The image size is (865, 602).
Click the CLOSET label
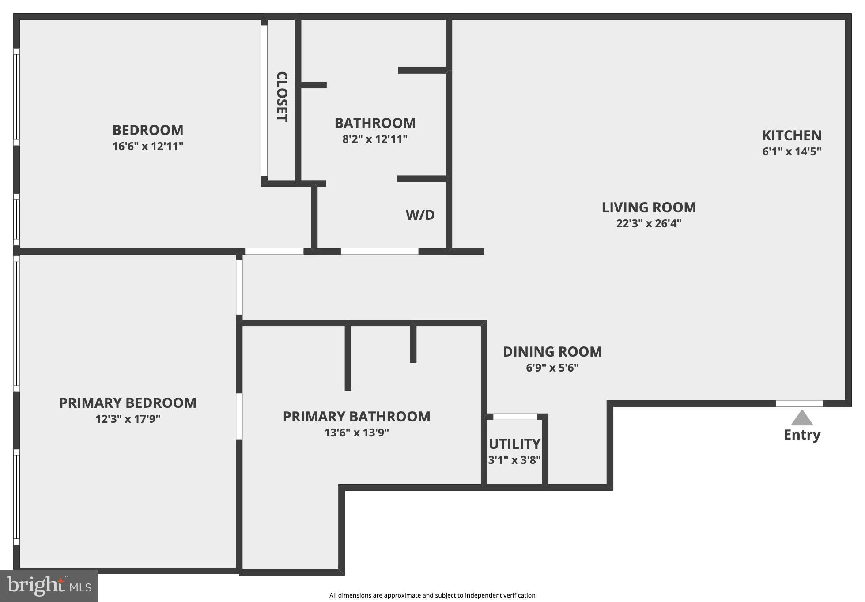coord(282,97)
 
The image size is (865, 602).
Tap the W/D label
coord(420,215)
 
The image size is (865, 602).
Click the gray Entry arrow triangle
coord(802,418)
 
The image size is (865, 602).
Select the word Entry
coord(802,435)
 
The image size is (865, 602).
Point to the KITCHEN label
coord(792,135)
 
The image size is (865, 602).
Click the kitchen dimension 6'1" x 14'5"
coord(792,151)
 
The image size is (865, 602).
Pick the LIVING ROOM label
coord(649,207)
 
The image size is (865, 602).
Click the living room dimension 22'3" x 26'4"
coord(649,223)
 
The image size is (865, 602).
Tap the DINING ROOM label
coord(552,352)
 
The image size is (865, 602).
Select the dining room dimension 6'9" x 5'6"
coord(552,368)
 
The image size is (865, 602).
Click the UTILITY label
coord(514,444)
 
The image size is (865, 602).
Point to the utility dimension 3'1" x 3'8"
coord(514,460)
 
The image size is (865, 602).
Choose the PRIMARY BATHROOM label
coord(356,416)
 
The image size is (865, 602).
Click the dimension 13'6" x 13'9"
coord(356,433)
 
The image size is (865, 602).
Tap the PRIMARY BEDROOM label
coord(128,403)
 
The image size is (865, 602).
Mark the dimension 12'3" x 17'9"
coord(128,419)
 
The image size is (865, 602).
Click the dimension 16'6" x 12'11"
coord(148,146)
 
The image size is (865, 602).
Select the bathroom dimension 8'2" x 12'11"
coord(375,139)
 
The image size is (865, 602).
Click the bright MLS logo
coord(49,586)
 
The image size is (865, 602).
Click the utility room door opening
coord(515,417)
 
